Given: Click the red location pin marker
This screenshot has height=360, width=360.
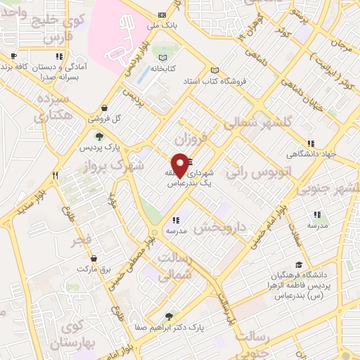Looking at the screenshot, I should click(181, 163).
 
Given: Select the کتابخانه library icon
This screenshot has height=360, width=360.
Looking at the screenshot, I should click(163, 58).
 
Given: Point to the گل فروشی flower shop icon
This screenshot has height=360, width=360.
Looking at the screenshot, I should click(105, 108).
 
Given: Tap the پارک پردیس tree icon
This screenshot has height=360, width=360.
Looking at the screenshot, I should click(98, 137).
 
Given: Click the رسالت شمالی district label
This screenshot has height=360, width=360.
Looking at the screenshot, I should click(176, 268).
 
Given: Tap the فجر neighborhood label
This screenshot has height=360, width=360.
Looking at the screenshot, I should click(82, 241).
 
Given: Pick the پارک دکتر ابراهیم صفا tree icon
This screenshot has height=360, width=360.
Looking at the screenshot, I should click(167, 317).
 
